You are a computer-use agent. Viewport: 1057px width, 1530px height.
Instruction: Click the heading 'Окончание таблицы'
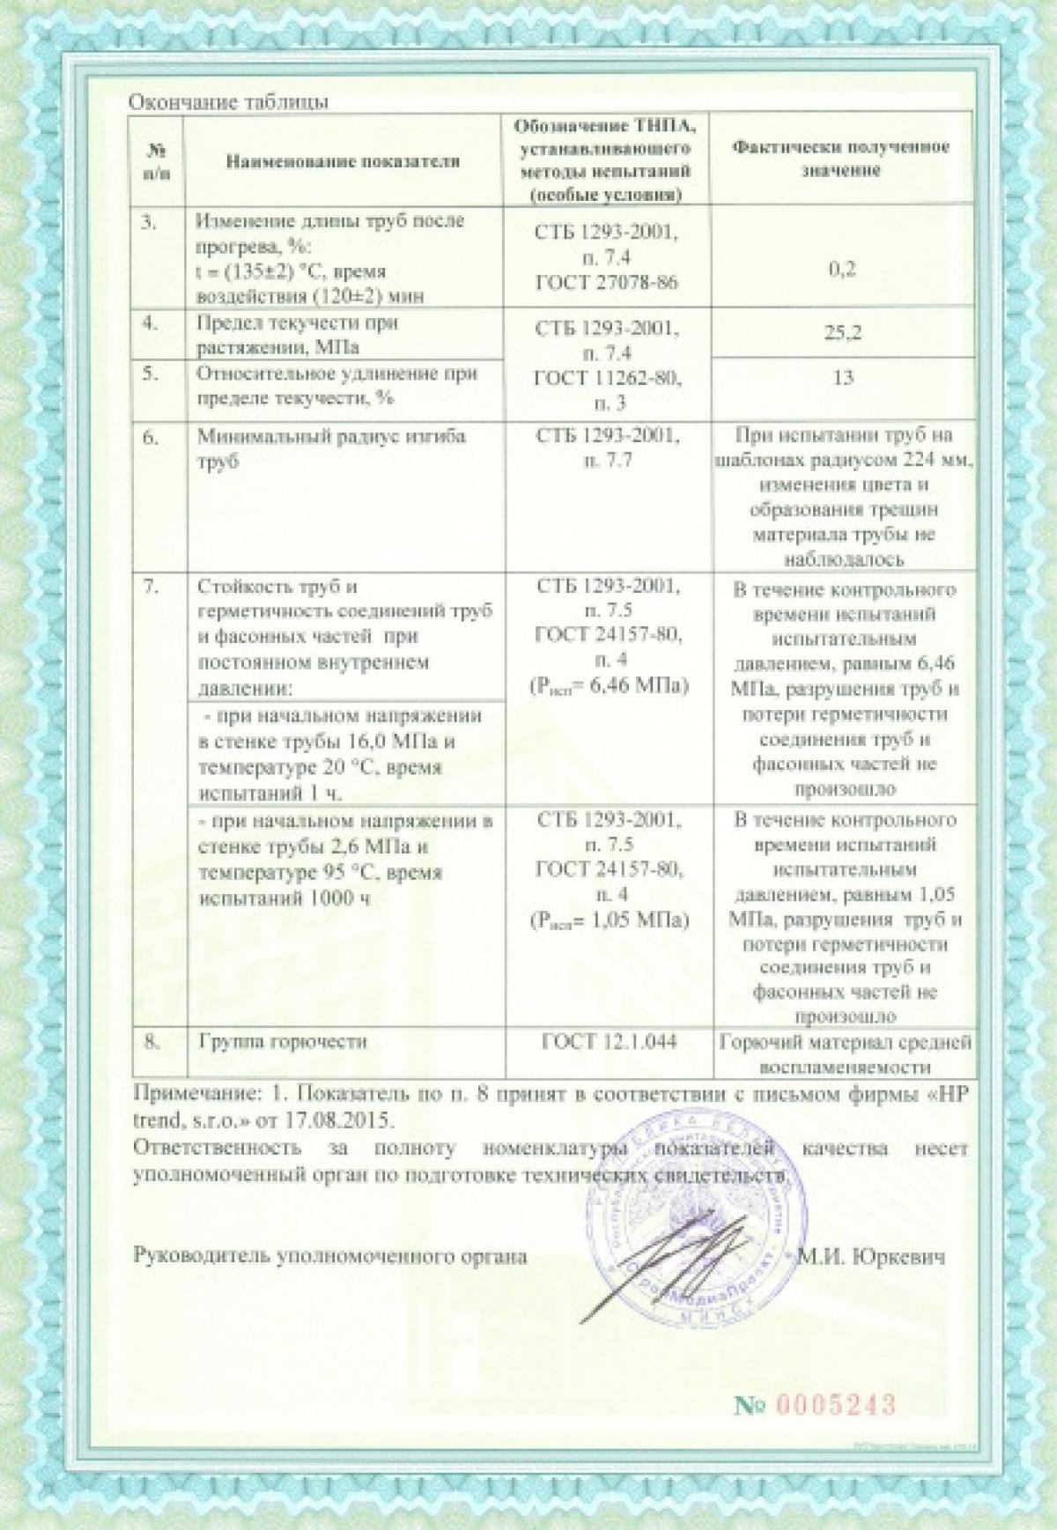point(229,102)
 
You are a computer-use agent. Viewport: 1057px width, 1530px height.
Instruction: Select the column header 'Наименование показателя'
point(344,161)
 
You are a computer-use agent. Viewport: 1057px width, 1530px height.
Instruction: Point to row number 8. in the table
point(151,1041)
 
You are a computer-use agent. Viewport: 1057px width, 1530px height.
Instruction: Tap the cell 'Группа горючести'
point(283,1041)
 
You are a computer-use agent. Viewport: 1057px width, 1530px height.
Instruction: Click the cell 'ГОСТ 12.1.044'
point(609,1042)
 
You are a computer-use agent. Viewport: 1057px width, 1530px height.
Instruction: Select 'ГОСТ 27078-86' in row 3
point(608,282)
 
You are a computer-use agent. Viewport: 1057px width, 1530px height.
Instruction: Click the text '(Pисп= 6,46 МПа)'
point(609,684)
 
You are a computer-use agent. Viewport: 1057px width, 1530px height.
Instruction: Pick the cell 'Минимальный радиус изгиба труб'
point(331,449)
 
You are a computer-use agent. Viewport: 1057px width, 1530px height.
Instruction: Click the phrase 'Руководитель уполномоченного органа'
point(329,1257)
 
